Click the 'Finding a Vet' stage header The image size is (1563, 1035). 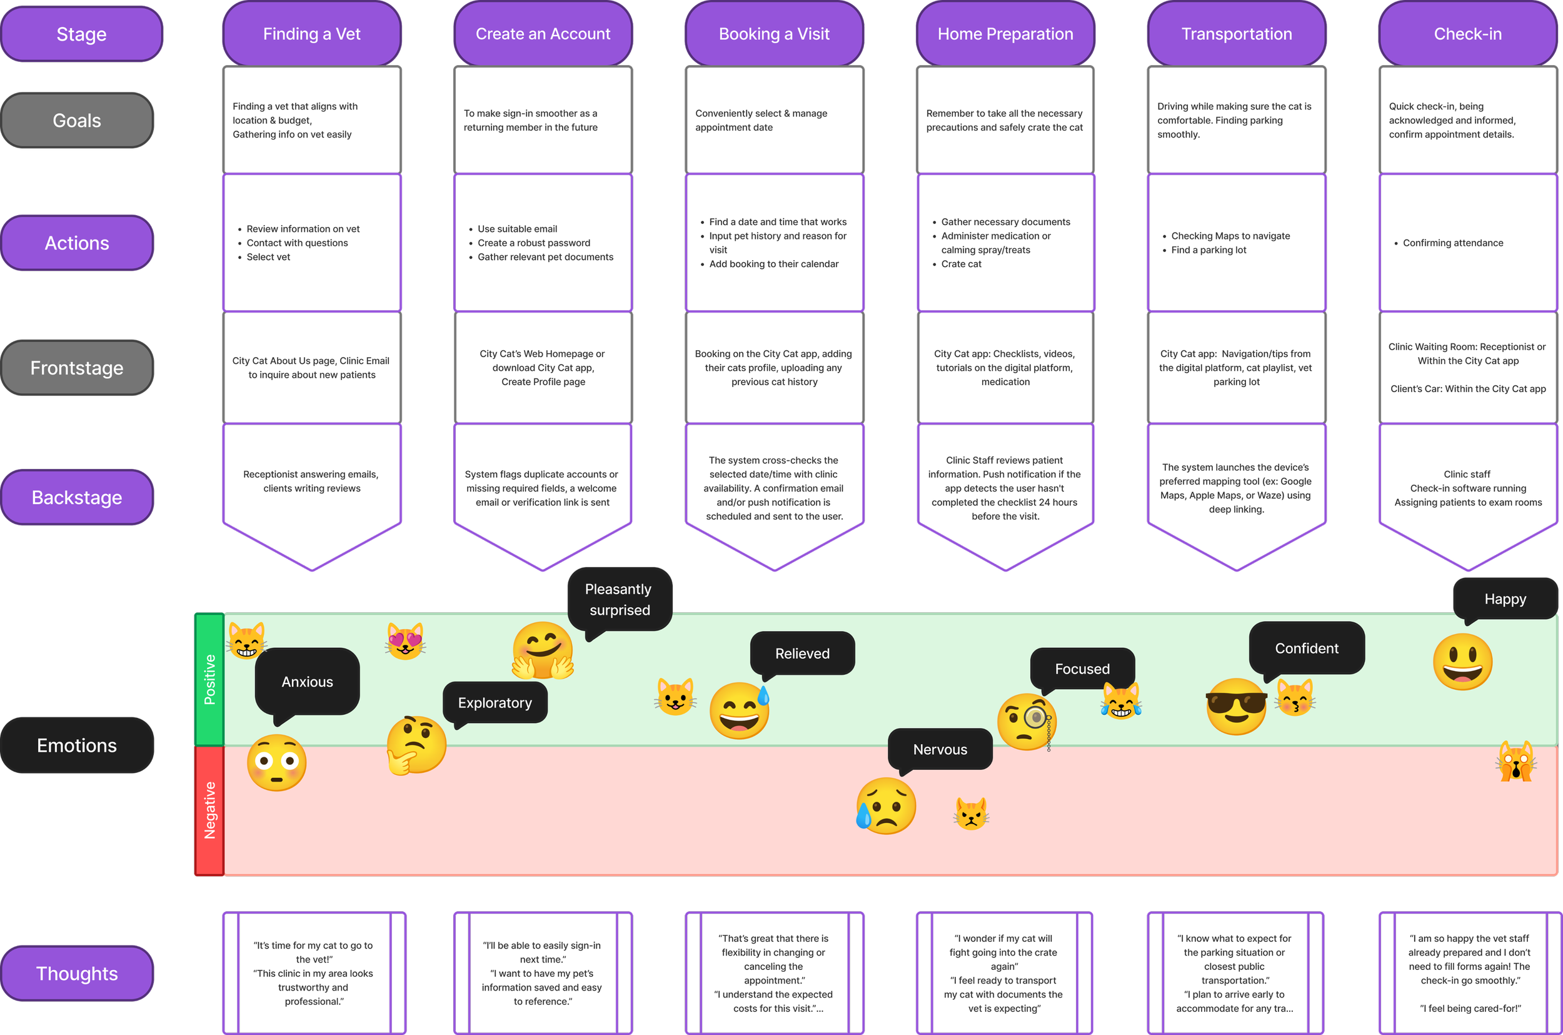tap(311, 34)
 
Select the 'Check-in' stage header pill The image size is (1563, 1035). tap(1467, 34)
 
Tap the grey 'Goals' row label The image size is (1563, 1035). tap(77, 120)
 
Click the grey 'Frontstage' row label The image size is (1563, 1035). tap(77, 368)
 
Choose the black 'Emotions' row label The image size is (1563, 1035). tap(77, 745)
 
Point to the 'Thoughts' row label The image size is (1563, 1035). tap(77, 974)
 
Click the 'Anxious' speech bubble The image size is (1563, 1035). tap(307, 682)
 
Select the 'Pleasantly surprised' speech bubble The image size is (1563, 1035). tap(620, 599)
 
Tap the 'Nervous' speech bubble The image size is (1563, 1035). tap(940, 750)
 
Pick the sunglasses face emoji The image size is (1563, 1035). tap(1237, 706)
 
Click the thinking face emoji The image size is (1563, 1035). tap(416, 745)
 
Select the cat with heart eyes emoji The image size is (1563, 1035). tap(406, 641)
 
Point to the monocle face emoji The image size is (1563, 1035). tap(1027, 722)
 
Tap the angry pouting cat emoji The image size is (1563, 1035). tap(971, 813)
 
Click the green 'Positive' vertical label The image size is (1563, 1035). tap(210, 680)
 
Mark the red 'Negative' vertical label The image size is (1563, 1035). tap(210, 810)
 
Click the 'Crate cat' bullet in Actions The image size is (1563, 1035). tap(961, 264)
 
